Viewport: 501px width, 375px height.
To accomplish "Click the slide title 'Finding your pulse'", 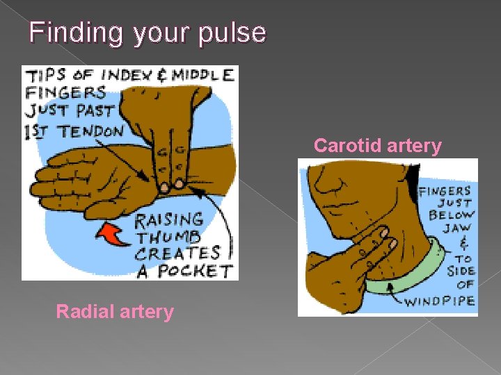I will [148, 33].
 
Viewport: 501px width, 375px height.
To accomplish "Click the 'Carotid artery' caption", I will [377, 146].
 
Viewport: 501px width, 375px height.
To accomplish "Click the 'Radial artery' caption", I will [114, 312].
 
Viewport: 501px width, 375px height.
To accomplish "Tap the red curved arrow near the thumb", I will [111, 234].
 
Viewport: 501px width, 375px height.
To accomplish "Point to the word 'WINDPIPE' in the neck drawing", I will [450, 301].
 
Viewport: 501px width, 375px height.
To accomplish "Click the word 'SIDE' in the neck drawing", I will [460, 270].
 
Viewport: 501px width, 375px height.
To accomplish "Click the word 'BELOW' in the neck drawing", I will [450, 215].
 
